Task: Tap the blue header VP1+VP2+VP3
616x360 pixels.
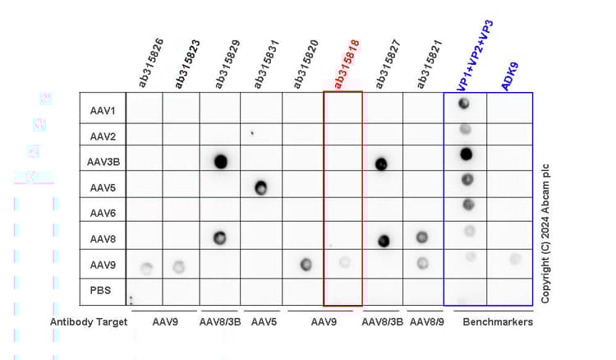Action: [476, 54]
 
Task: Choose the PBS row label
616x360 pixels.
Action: [103, 291]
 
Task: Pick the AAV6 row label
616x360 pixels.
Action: [103, 213]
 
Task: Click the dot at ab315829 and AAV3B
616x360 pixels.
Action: [220, 161]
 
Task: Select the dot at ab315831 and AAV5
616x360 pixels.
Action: [260, 188]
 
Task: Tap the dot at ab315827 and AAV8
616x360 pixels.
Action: [383, 241]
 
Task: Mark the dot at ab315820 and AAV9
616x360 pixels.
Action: [306, 265]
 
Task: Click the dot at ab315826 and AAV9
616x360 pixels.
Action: [146, 268]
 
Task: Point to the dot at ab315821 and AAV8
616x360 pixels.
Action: [422, 237]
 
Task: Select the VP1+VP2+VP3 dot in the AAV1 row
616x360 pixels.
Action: [464, 104]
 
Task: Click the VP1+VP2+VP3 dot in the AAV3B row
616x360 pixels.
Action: [466, 154]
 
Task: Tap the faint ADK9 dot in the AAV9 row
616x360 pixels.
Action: [515, 259]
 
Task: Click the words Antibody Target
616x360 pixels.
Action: [89, 322]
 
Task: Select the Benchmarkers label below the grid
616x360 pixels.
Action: [499, 322]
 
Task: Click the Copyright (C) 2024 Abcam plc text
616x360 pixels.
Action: [545, 233]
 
